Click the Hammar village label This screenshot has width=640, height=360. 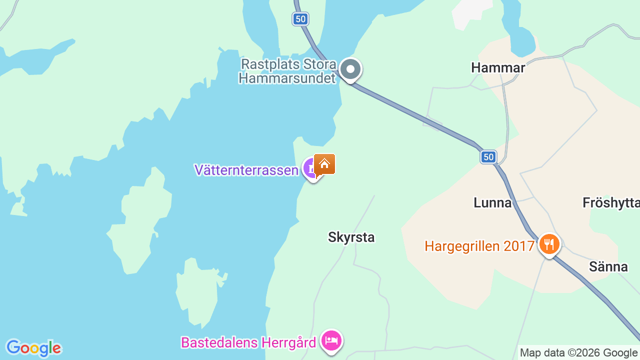[498, 68]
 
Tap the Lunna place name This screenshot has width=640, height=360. [492, 202]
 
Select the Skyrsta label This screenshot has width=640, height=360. [351, 237]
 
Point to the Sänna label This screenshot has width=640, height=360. [608, 266]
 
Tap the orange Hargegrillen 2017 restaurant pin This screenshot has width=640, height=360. [549, 244]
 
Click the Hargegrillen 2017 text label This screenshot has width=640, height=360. [479, 246]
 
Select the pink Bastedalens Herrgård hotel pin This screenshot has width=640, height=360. [331, 341]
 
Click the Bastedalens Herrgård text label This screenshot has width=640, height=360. [248, 343]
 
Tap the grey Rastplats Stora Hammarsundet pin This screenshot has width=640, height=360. [350, 69]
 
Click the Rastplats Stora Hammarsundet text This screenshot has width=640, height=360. [287, 71]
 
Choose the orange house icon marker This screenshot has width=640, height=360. [324, 163]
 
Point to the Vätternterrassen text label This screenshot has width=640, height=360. [246, 170]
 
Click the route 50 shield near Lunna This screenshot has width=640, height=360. [488, 157]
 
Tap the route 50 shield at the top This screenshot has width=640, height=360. [300, 19]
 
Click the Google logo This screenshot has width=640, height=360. [33, 348]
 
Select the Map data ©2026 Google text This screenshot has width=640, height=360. [578, 353]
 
